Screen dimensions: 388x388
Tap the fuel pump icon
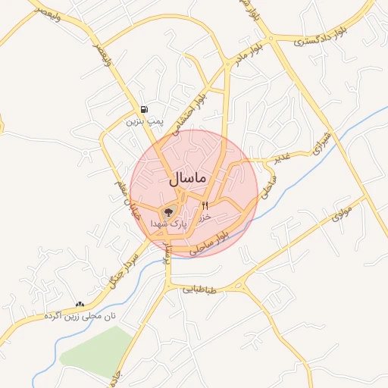tap(144, 109)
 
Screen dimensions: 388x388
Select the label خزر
tap(203, 217)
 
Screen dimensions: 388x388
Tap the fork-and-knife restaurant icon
tap(205, 205)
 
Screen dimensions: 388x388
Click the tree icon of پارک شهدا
tap(168, 213)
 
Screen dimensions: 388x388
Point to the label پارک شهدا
tap(167, 224)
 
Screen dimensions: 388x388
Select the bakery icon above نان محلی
tap(80, 303)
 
